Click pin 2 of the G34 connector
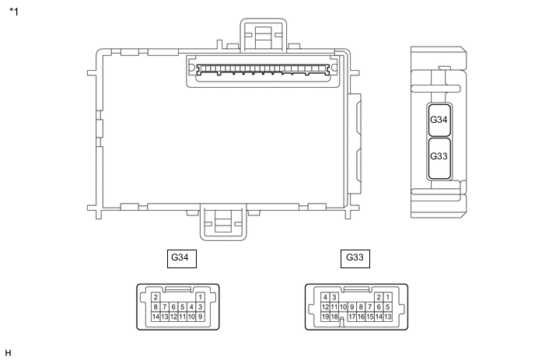click(x=156, y=297)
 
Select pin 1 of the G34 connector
click(x=201, y=297)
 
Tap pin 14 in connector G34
click(x=156, y=316)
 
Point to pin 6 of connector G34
click(x=173, y=307)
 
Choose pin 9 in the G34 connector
click(x=201, y=316)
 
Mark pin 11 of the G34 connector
click(x=183, y=316)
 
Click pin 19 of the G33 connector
click(x=325, y=316)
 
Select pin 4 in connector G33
click(x=325, y=297)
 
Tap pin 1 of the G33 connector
click(x=387, y=297)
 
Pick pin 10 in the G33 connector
click(x=343, y=307)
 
